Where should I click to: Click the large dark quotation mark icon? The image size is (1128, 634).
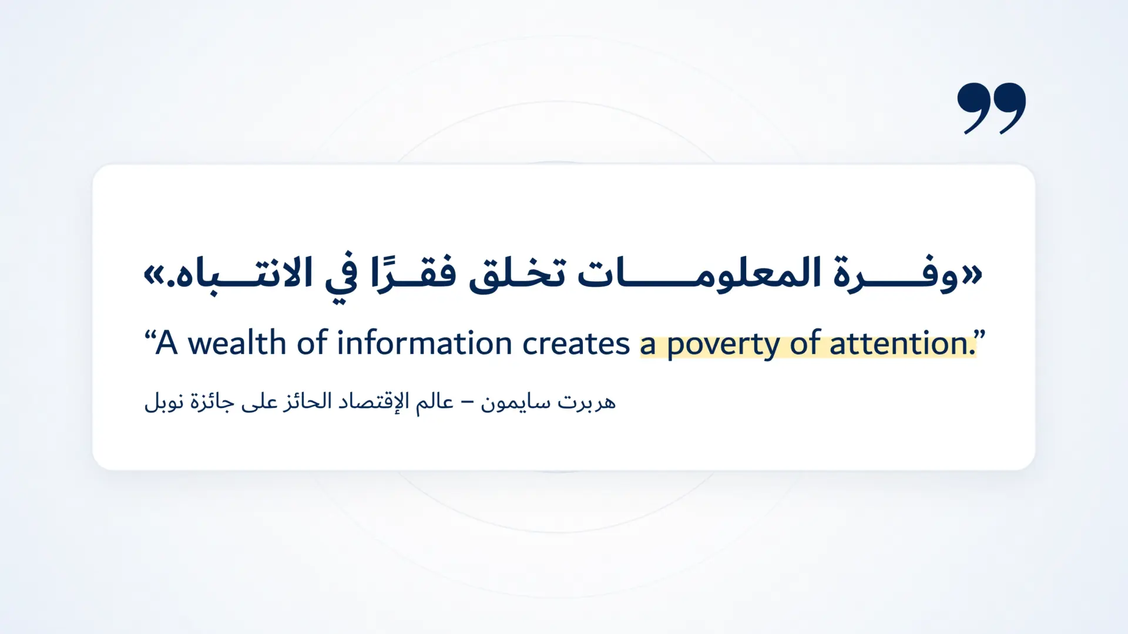[x=991, y=108]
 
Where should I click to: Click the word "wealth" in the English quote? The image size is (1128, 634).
[x=237, y=343]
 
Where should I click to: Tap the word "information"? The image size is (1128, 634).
[x=424, y=343]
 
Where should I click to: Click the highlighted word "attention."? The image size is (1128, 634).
[x=902, y=344]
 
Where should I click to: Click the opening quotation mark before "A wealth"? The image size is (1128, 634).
[x=149, y=336]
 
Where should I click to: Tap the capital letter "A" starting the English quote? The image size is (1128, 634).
[x=166, y=343]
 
